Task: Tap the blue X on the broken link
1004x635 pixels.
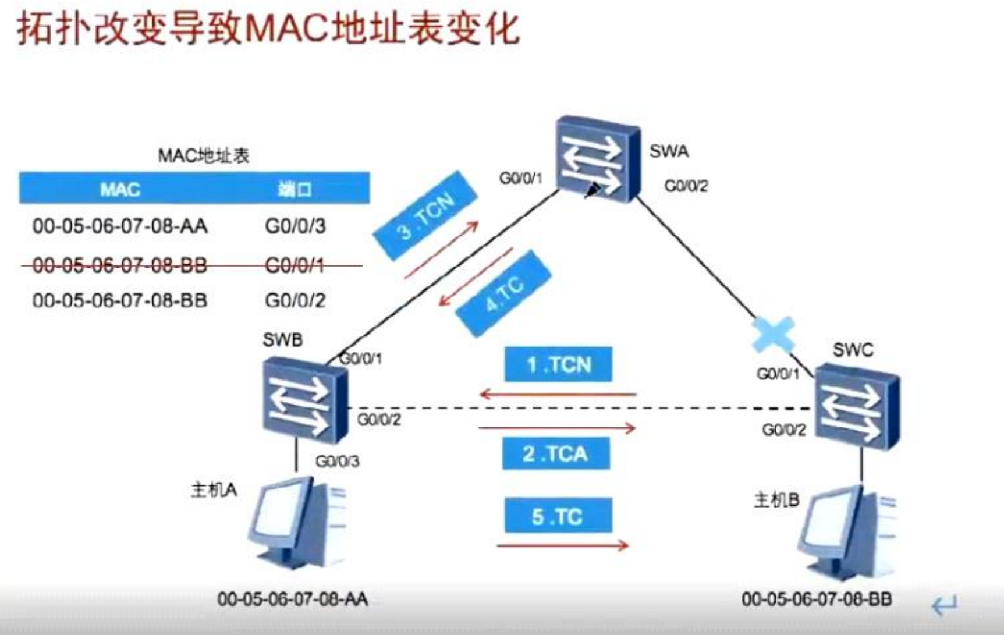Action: (x=773, y=335)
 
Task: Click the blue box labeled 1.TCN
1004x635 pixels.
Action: (x=558, y=365)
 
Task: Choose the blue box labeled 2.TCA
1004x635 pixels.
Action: (x=556, y=453)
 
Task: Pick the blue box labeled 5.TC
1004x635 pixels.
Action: (x=558, y=516)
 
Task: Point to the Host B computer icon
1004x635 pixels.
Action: (x=847, y=533)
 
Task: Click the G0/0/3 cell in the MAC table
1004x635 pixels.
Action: (x=295, y=226)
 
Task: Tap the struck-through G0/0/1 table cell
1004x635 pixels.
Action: (x=295, y=265)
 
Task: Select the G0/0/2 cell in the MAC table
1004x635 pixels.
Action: (x=295, y=300)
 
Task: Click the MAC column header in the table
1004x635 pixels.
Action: (x=120, y=189)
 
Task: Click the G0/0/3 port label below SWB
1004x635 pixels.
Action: (x=337, y=462)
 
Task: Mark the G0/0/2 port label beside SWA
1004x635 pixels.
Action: (x=686, y=186)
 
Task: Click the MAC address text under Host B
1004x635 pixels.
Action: (x=817, y=599)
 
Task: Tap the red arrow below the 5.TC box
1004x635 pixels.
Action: (x=562, y=546)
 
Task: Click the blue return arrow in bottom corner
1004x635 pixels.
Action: (x=944, y=605)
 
